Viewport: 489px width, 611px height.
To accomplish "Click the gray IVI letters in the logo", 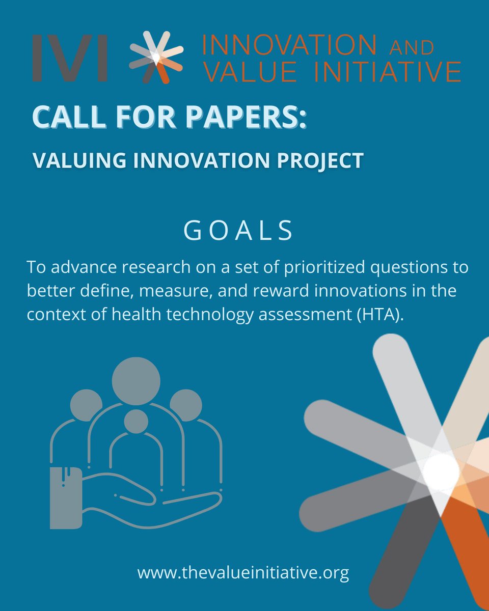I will [70, 58].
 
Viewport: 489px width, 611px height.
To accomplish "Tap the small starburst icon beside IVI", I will [155, 57].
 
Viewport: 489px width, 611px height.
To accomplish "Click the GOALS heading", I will [238, 231].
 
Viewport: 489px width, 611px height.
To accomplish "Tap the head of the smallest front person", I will [135, 422].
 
